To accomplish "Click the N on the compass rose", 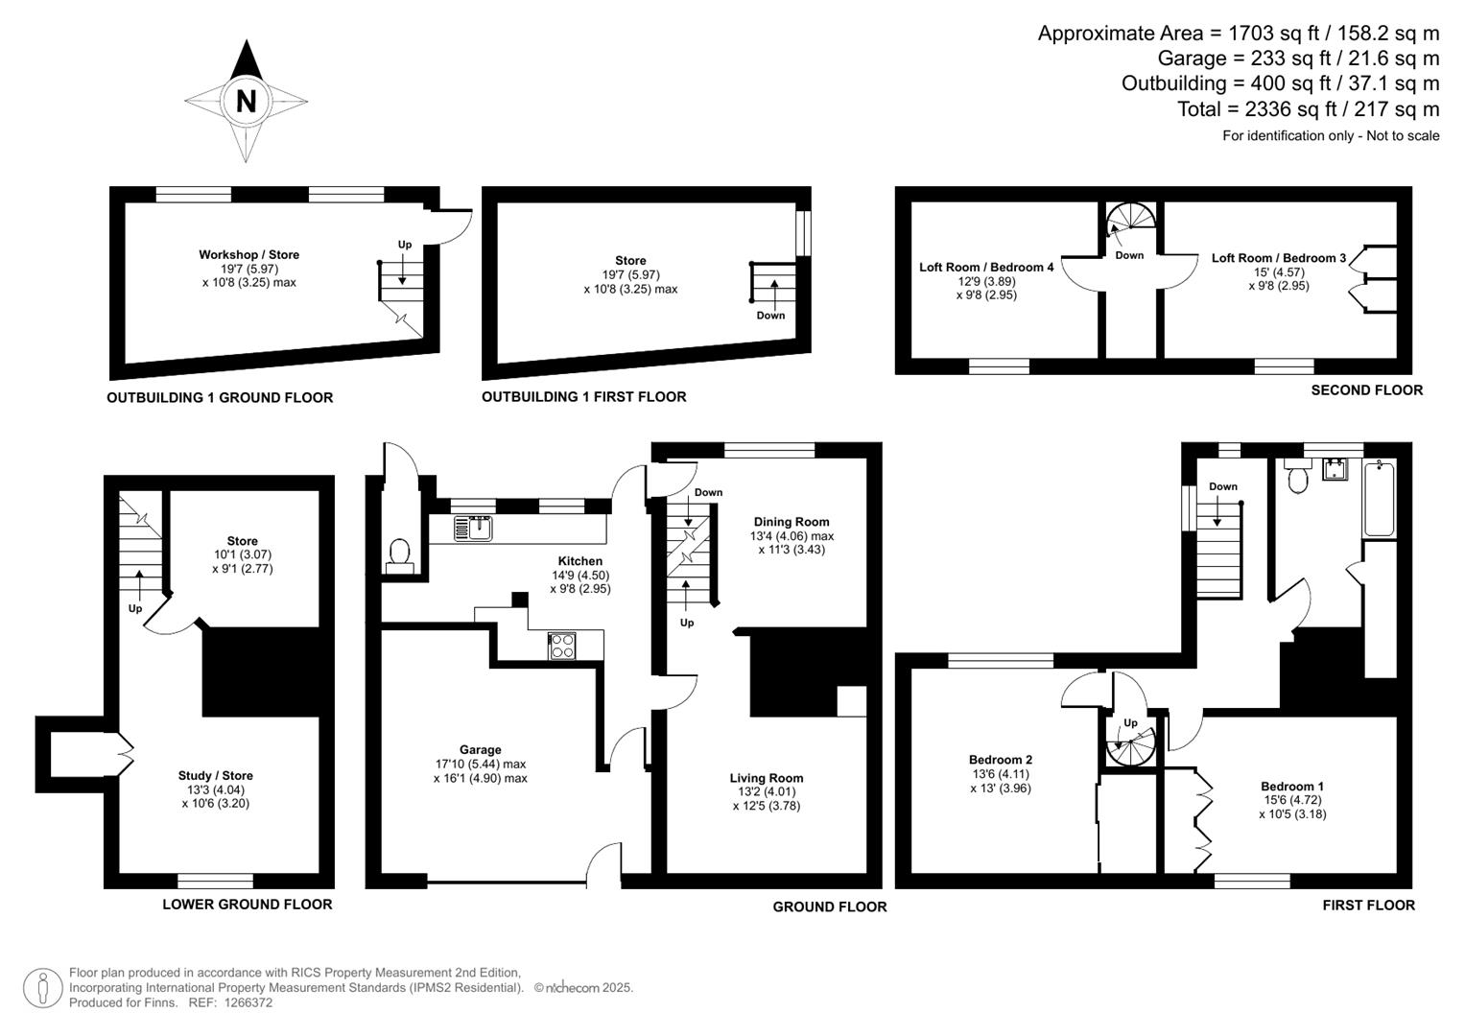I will [x=246, y=100].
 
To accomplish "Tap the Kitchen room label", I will [x=580, y=561].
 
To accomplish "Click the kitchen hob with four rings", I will [x=561, y=646].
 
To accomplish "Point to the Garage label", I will [x=480, y=750].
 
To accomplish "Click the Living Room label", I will [x=766, y=778].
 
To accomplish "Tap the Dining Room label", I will [x=792, y=522].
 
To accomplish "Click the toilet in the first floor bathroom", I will [x=1298, y=477].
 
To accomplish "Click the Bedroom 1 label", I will [x=1292, y=787].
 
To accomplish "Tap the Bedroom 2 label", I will [x=1001, y=760].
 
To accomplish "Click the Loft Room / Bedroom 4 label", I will [x=986, y=267].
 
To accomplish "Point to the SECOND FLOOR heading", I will [x=1366, y=389].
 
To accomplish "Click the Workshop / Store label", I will [x=248, y=254].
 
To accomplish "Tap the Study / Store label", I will [x=215, y=776].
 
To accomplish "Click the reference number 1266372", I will [x=248, y=1002].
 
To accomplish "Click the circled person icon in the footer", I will [x=42, y=988].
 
